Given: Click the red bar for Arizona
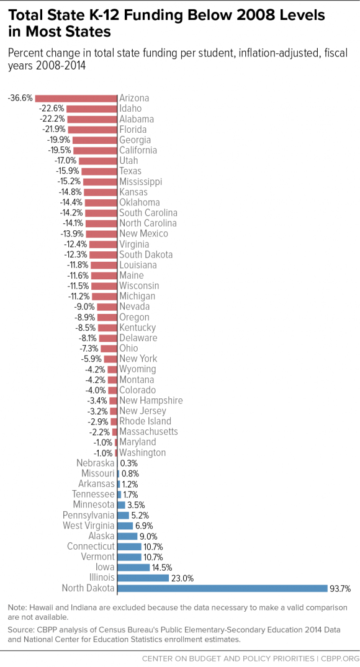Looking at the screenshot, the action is [x=76, y=98].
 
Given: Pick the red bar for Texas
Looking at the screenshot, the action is [x=99, y=171].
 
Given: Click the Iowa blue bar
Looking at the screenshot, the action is [x=133, y=568].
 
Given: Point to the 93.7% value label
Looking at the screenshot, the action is [x=340, y=589].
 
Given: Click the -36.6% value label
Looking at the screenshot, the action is [x=20, y=98].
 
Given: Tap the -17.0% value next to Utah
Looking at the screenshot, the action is [x=66, y=161].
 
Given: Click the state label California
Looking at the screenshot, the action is [x=138, y=150].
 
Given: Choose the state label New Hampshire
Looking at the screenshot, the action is [x=151, y=401].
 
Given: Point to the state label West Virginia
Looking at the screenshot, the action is [x=89, y=526].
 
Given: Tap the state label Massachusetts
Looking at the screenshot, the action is [x=148, y=432].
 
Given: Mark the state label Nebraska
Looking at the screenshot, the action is [x=96, y=463].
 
